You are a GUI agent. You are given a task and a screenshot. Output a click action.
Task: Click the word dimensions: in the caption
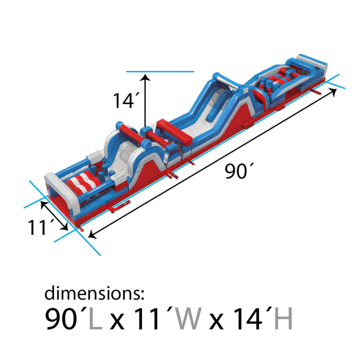[x=95, y=293]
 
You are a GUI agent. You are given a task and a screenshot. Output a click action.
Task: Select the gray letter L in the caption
[x=96, y=319]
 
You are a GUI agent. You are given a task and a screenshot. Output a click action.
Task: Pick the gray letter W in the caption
[x=189, y=319]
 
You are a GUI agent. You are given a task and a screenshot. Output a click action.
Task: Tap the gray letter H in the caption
[x=283, y=319]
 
